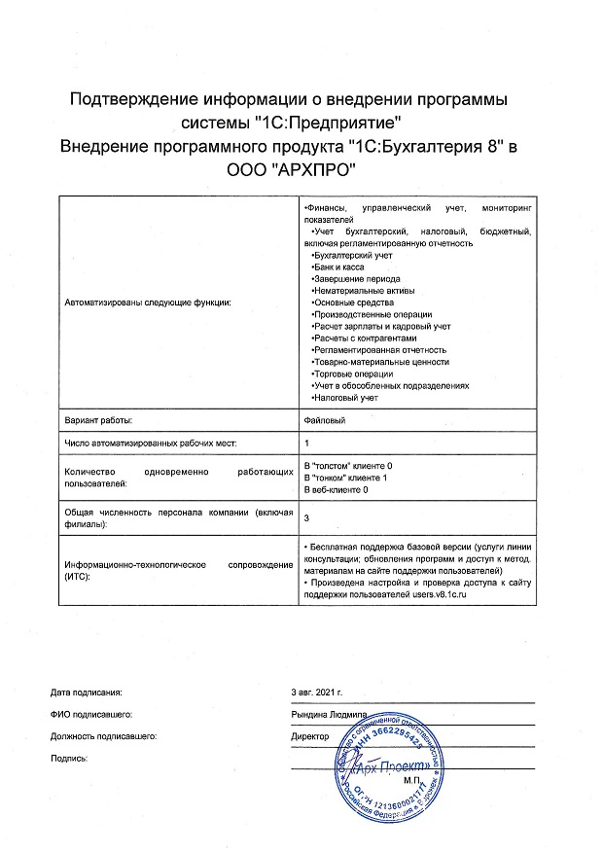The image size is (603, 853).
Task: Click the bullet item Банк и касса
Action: (x=340, y=266)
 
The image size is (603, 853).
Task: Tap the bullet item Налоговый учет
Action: (x=344, y=398)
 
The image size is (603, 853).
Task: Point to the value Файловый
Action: (x=324, y=419)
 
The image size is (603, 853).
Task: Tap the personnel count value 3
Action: (x=307, y=517)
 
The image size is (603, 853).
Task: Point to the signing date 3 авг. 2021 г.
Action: (x=318, y=693)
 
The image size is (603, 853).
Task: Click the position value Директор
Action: (x=310, y=736)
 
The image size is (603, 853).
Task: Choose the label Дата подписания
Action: (x=86, y=693)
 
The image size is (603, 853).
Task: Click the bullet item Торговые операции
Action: (x=351, y=373)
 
